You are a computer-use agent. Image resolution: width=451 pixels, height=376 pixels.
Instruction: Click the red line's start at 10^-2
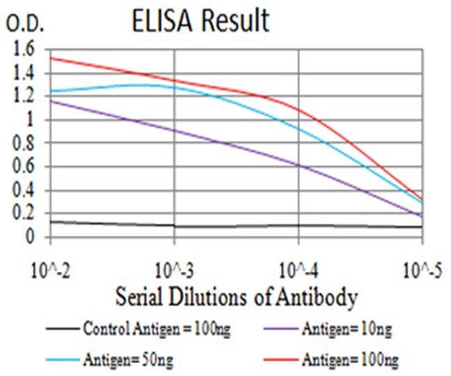pos(51,58)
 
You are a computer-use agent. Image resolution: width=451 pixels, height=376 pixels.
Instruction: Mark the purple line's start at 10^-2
pos(51,101)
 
